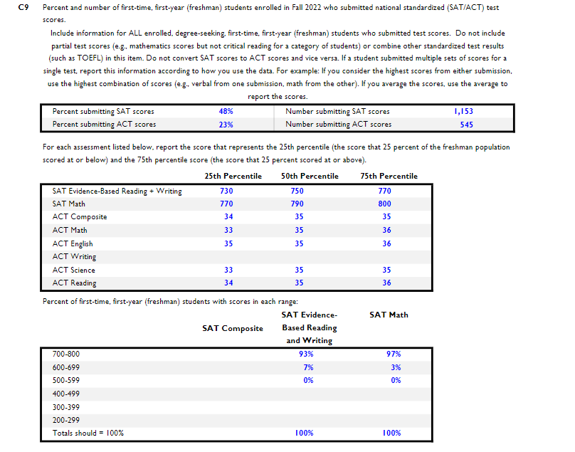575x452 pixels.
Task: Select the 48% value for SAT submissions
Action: click(226, 112)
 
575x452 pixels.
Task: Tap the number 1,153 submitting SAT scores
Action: click(463, 112)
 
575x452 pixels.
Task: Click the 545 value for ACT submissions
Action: click(466, 125)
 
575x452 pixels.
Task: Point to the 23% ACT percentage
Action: click(226, 125)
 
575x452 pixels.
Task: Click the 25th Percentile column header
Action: click(233, 177)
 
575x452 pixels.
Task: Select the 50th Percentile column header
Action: click(310, 177)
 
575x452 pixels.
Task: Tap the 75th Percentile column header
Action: click(389, 177)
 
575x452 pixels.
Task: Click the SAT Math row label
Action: click(69, 204)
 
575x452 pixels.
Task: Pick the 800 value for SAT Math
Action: click(384, 204)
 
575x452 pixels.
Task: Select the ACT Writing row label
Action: click(74, 257)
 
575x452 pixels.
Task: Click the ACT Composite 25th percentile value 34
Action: click(228, 217)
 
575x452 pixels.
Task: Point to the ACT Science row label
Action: click(73, 270)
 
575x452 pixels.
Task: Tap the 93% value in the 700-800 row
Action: click(307, 354)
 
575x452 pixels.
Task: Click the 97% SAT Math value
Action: click(394, 354)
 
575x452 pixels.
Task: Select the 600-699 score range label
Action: click(66, 367)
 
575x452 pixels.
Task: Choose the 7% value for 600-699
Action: click(308, 367)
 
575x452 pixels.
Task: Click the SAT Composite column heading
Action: click(233, 328)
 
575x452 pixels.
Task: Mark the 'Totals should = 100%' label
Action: click(88, 433)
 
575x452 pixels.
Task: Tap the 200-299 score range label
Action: click(66, 420)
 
